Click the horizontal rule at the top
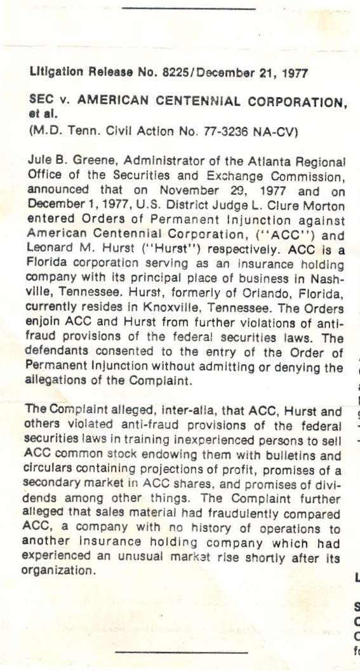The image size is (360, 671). click(x=188, y=9)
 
